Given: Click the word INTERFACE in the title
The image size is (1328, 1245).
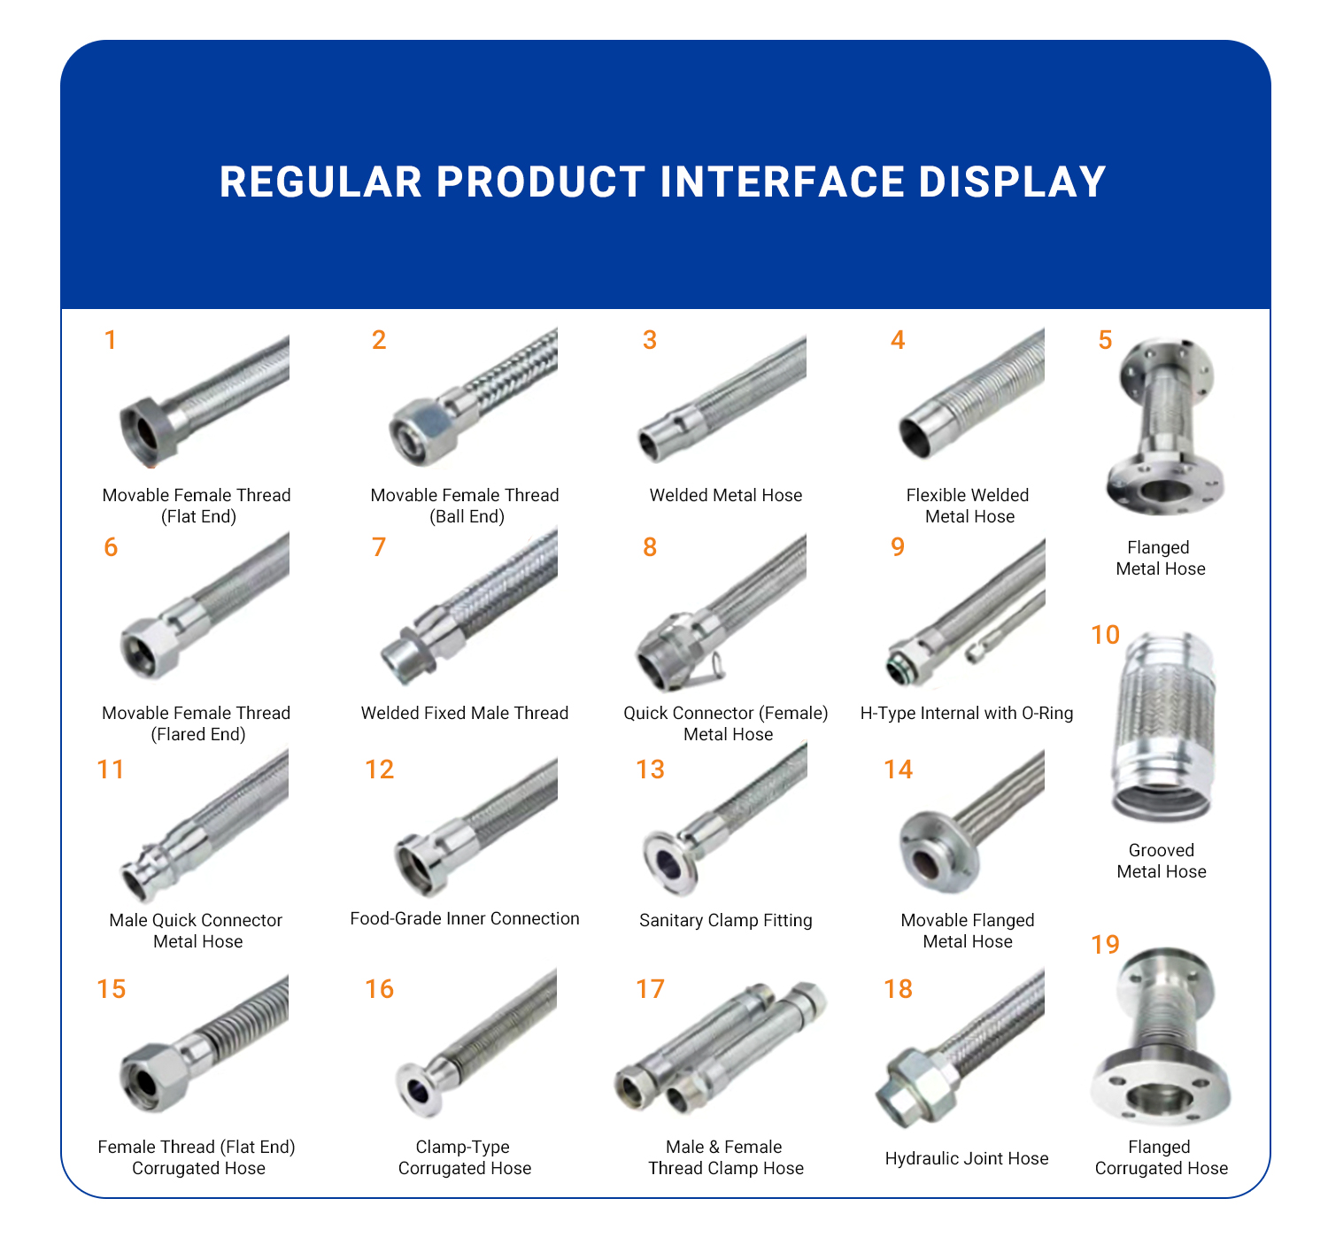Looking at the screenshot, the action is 782,182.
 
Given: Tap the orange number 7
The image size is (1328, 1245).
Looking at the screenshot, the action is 378,546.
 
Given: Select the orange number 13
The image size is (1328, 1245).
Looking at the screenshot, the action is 650,769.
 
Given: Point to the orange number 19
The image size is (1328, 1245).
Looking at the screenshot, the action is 1105,944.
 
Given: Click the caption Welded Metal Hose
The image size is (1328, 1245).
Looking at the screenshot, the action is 725,495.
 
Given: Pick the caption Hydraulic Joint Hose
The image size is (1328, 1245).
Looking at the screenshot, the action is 966,1158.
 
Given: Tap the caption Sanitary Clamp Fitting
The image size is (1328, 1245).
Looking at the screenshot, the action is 725,920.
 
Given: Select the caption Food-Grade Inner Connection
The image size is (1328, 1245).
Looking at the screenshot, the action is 465,918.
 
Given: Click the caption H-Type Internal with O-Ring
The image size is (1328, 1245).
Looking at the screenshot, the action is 966,713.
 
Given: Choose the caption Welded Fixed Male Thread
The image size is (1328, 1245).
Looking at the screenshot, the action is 465,713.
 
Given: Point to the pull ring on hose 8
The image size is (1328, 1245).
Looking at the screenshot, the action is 714,666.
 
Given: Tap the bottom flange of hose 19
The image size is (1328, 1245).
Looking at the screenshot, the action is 1161,1089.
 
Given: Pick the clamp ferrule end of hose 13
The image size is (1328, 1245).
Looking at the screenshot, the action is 671,862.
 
